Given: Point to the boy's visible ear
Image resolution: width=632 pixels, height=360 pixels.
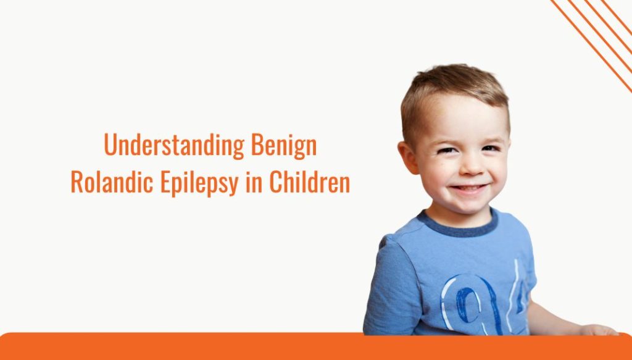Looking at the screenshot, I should click(x=408, y=157).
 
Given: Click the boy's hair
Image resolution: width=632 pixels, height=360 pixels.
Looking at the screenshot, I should click(x=454, y=86).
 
